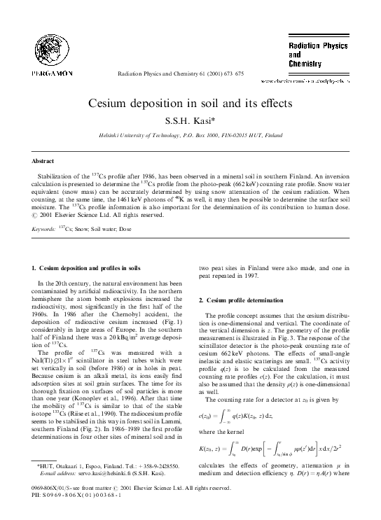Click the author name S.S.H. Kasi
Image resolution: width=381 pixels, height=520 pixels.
(190, 120)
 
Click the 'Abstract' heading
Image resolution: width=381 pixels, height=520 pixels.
(43, 160)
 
